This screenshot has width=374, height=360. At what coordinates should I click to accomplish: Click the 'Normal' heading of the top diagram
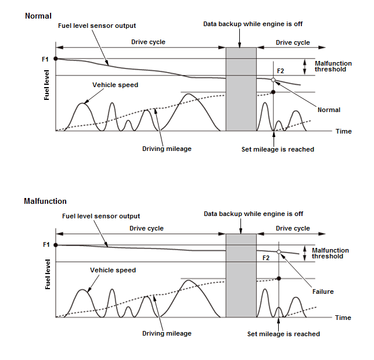pyautogui.click(x=38, y=16)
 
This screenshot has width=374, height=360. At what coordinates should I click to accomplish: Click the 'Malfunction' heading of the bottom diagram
pyautogui.click(x=45, y=201)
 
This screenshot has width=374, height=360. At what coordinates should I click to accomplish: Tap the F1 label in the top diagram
pyautogui.click(x=45, y=59)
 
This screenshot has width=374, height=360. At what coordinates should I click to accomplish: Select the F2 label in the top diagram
pyautogui.click(x=280, y=71)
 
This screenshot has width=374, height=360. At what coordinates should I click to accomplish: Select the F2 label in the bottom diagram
pyautogui.click(x=267, y=257)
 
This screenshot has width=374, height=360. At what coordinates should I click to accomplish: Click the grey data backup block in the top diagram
pyautogui.click(x=241, y=88)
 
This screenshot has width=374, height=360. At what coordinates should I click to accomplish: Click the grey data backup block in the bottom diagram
pyautogui.click(x=241, y=275)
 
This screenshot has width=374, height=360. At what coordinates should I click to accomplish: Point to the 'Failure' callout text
pyautogui.click(x=323, y=291)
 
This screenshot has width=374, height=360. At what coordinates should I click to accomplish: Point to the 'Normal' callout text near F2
pyautogui.click(x=329, y=110)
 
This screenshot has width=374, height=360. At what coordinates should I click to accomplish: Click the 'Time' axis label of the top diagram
pyautogui.click(x=344, y=131)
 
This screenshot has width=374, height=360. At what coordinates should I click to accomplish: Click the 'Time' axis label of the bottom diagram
pyautogui.click(x=343, y=318)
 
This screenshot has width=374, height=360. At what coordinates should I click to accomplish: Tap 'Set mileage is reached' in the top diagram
pyautogui.click(x=278, y=149)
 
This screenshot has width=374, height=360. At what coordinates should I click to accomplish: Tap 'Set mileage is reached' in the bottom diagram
pyautogui.click(x=283, y=334)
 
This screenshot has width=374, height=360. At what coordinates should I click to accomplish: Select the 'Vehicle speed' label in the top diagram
pyautogui.click(x=115, y=85)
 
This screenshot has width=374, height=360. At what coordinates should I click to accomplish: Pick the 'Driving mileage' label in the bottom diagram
pyautogui.click(x=167, y=333)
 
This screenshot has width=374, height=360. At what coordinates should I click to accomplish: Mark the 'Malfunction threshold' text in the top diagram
pyautogui.click(x=333, y=66)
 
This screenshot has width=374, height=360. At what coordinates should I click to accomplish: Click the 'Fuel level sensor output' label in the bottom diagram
pyautogui.click(x=101, y=217)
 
